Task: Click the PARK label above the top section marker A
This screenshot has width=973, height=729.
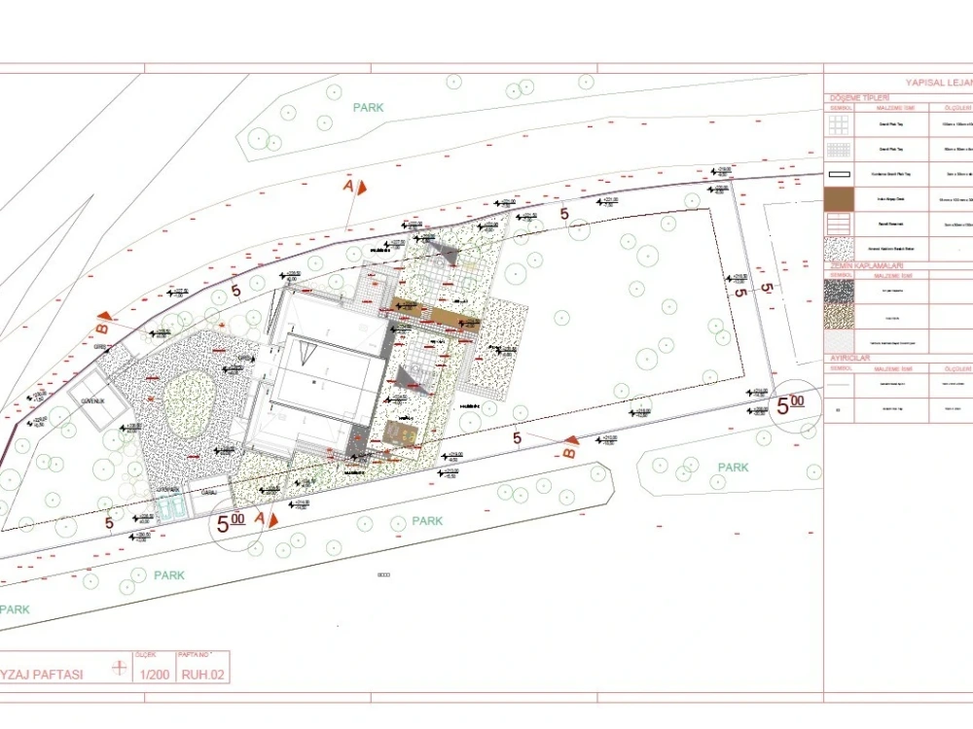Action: [368, 108]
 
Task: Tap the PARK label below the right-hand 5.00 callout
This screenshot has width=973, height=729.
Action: [733, 468]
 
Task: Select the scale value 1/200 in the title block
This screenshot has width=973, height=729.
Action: [155, 674]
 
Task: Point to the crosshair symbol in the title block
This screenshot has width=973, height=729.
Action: [120, 668]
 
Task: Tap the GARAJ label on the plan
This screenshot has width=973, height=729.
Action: [208, 493]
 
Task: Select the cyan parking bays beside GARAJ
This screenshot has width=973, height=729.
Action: [169, 507]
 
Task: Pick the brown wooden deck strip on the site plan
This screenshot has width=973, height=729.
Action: [437, 318]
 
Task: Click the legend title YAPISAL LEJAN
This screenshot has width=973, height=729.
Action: [938, 84]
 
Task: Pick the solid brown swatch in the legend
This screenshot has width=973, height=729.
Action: [839, 199]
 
